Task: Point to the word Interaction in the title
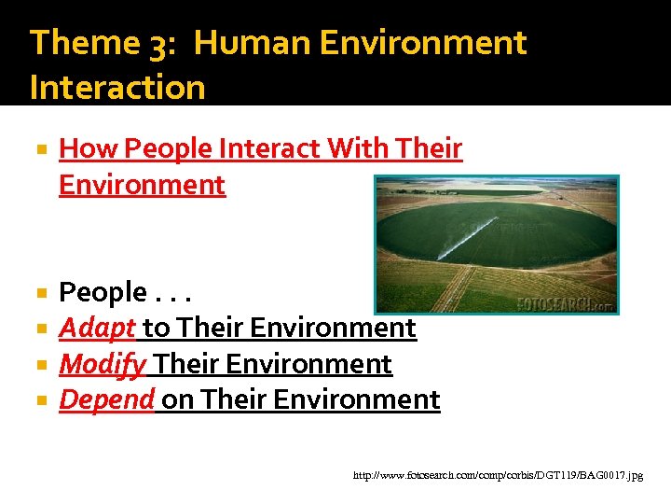[117, 87]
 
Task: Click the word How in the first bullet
[88, 148]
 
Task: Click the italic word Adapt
[98, 328]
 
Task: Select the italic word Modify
[103, 363]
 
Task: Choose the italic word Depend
[106, 399]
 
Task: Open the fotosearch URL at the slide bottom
[498, 475]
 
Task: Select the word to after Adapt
[155, 328]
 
